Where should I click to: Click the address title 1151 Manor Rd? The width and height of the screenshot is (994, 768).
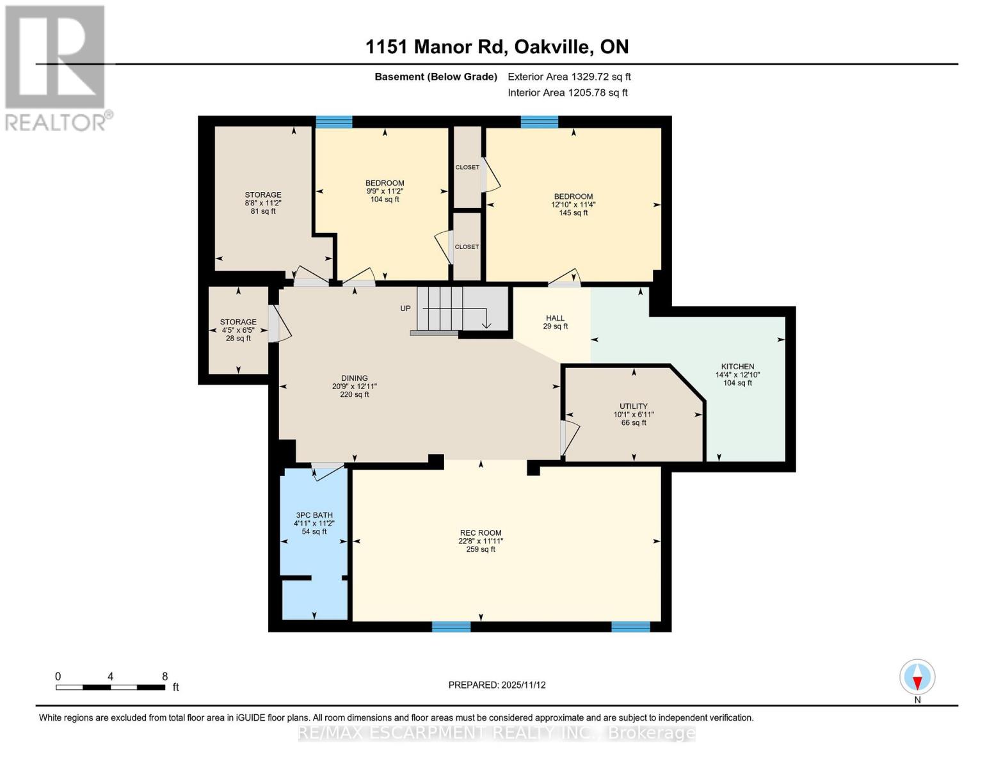(x=497, y=47)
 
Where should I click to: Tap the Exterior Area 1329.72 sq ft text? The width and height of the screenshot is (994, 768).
(x=569, y=77)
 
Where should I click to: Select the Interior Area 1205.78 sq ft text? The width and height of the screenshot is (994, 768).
(x=567, y=93)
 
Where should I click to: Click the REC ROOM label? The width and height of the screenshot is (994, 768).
(x=481, y=533)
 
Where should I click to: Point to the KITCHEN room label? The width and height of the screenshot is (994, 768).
(x=737, y=367)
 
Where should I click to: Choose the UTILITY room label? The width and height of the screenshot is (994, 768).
(x=633, y=406)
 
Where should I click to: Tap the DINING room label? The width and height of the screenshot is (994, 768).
(x=354, y=378)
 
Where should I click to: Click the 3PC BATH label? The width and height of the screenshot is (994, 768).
(x=314, y=515)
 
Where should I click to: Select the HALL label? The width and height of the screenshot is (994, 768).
(x=555, y=318)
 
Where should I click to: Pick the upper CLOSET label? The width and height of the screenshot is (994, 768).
(x=467, y=168)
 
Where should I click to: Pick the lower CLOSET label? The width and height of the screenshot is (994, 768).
(x=467, y=247)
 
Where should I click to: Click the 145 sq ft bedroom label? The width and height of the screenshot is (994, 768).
(x=573, y=205)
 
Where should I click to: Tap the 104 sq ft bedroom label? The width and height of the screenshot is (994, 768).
(x=385, y=191)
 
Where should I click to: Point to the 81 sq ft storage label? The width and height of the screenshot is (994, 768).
(x=263, y=203)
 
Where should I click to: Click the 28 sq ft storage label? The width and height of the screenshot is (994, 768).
(x=238, y=330)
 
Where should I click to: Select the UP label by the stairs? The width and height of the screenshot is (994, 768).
(x=405, y=308)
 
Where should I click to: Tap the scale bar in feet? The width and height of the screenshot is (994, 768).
(x=110, y=687)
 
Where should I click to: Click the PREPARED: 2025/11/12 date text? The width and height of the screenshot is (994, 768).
(x=497, y=685)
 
